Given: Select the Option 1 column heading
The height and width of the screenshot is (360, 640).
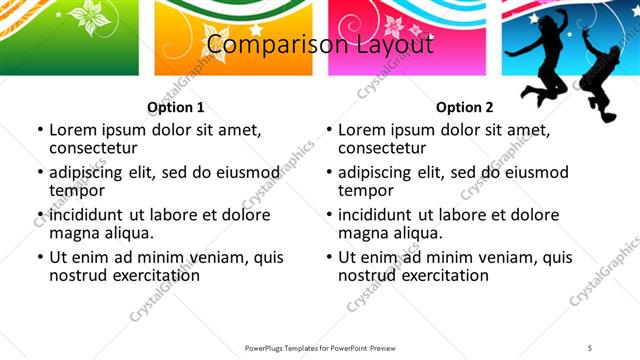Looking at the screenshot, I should [175, 107].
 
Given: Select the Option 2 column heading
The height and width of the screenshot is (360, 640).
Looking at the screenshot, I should [464, 107].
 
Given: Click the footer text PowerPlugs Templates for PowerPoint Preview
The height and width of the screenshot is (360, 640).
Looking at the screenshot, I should [319, 347].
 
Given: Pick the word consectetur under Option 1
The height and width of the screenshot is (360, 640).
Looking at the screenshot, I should [93, 149].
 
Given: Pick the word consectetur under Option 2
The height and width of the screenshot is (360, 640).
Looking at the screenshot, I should [382, 149].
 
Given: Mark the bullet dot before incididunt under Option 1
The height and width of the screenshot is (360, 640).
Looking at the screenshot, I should [39, 215].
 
